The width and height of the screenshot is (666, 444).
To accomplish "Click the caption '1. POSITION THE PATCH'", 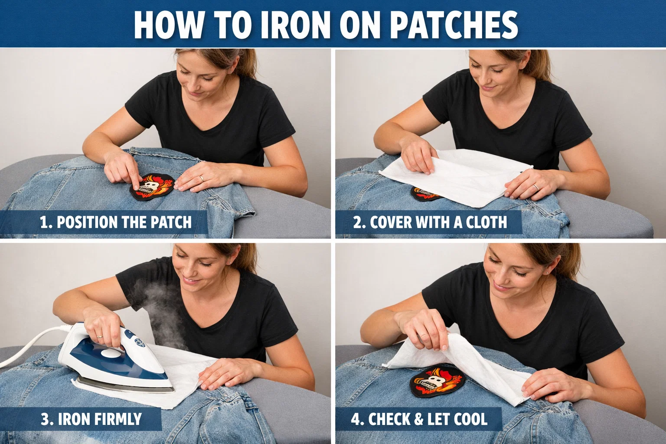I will pyautogui.click(x=115, y=222).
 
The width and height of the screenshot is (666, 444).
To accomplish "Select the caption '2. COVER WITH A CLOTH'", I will pyautogui.click(x=430, y=222).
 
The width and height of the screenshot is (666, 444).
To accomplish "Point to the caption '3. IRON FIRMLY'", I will pyautogui.click(x=91, y=419).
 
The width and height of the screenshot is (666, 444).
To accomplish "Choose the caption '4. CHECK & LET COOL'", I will pyautogui.click(x=419, y=419).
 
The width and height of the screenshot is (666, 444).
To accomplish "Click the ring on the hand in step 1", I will pyautogui.click(x=201, y=178).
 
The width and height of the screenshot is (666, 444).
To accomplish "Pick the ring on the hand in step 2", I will pyautogui.click(x=536, y=187).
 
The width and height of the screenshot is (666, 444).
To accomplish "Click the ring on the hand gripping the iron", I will pyautogui.click(x=99, y=336).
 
